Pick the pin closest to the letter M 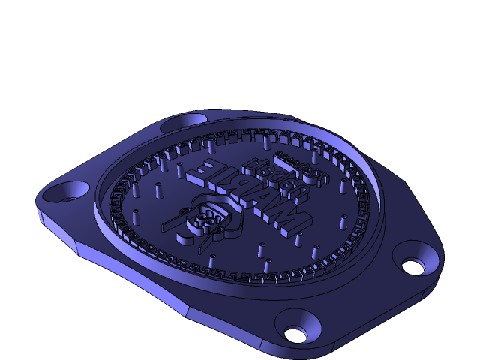pos(298,240)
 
